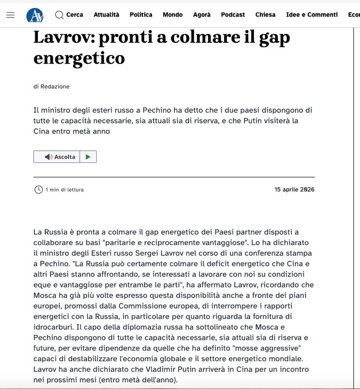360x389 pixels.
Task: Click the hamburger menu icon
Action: pyautogui.click(x=10, y=15)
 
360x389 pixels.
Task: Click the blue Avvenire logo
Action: pyautogui.click(x=34, y=15)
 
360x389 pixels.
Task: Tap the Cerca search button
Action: pyautogui.click(x=69, y=15)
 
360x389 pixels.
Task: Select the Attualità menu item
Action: pyautogui.click(x=106, y=15)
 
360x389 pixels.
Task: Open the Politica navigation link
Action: pyautogui.click(x=141, y=15)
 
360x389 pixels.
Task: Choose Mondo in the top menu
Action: pyautogui.click(x=172, y=15)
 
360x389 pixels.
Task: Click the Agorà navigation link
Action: pyautogui.click(x=202, y=15)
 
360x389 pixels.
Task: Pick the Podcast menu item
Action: pyautogui.click(x=233, y=15)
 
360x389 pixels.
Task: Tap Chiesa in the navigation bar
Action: pyautogui.click(x=265, y=15)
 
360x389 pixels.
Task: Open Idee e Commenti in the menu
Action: pyautogui.click(x=312, y=15)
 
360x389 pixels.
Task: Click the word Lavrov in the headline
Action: pyautogui.click(x=64, y=37)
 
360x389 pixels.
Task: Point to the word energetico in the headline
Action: pyautogui.click(x=79, y=58)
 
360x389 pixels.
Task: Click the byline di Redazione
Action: pyautogui.click(x=51, y=87)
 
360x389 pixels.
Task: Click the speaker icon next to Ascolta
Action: pyautogui.click(x=48, y=157)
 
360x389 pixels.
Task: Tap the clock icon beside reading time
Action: pyautogui.click(x=38, y=190)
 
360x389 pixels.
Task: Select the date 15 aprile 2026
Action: pyautogui.click(x=294, y=189)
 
